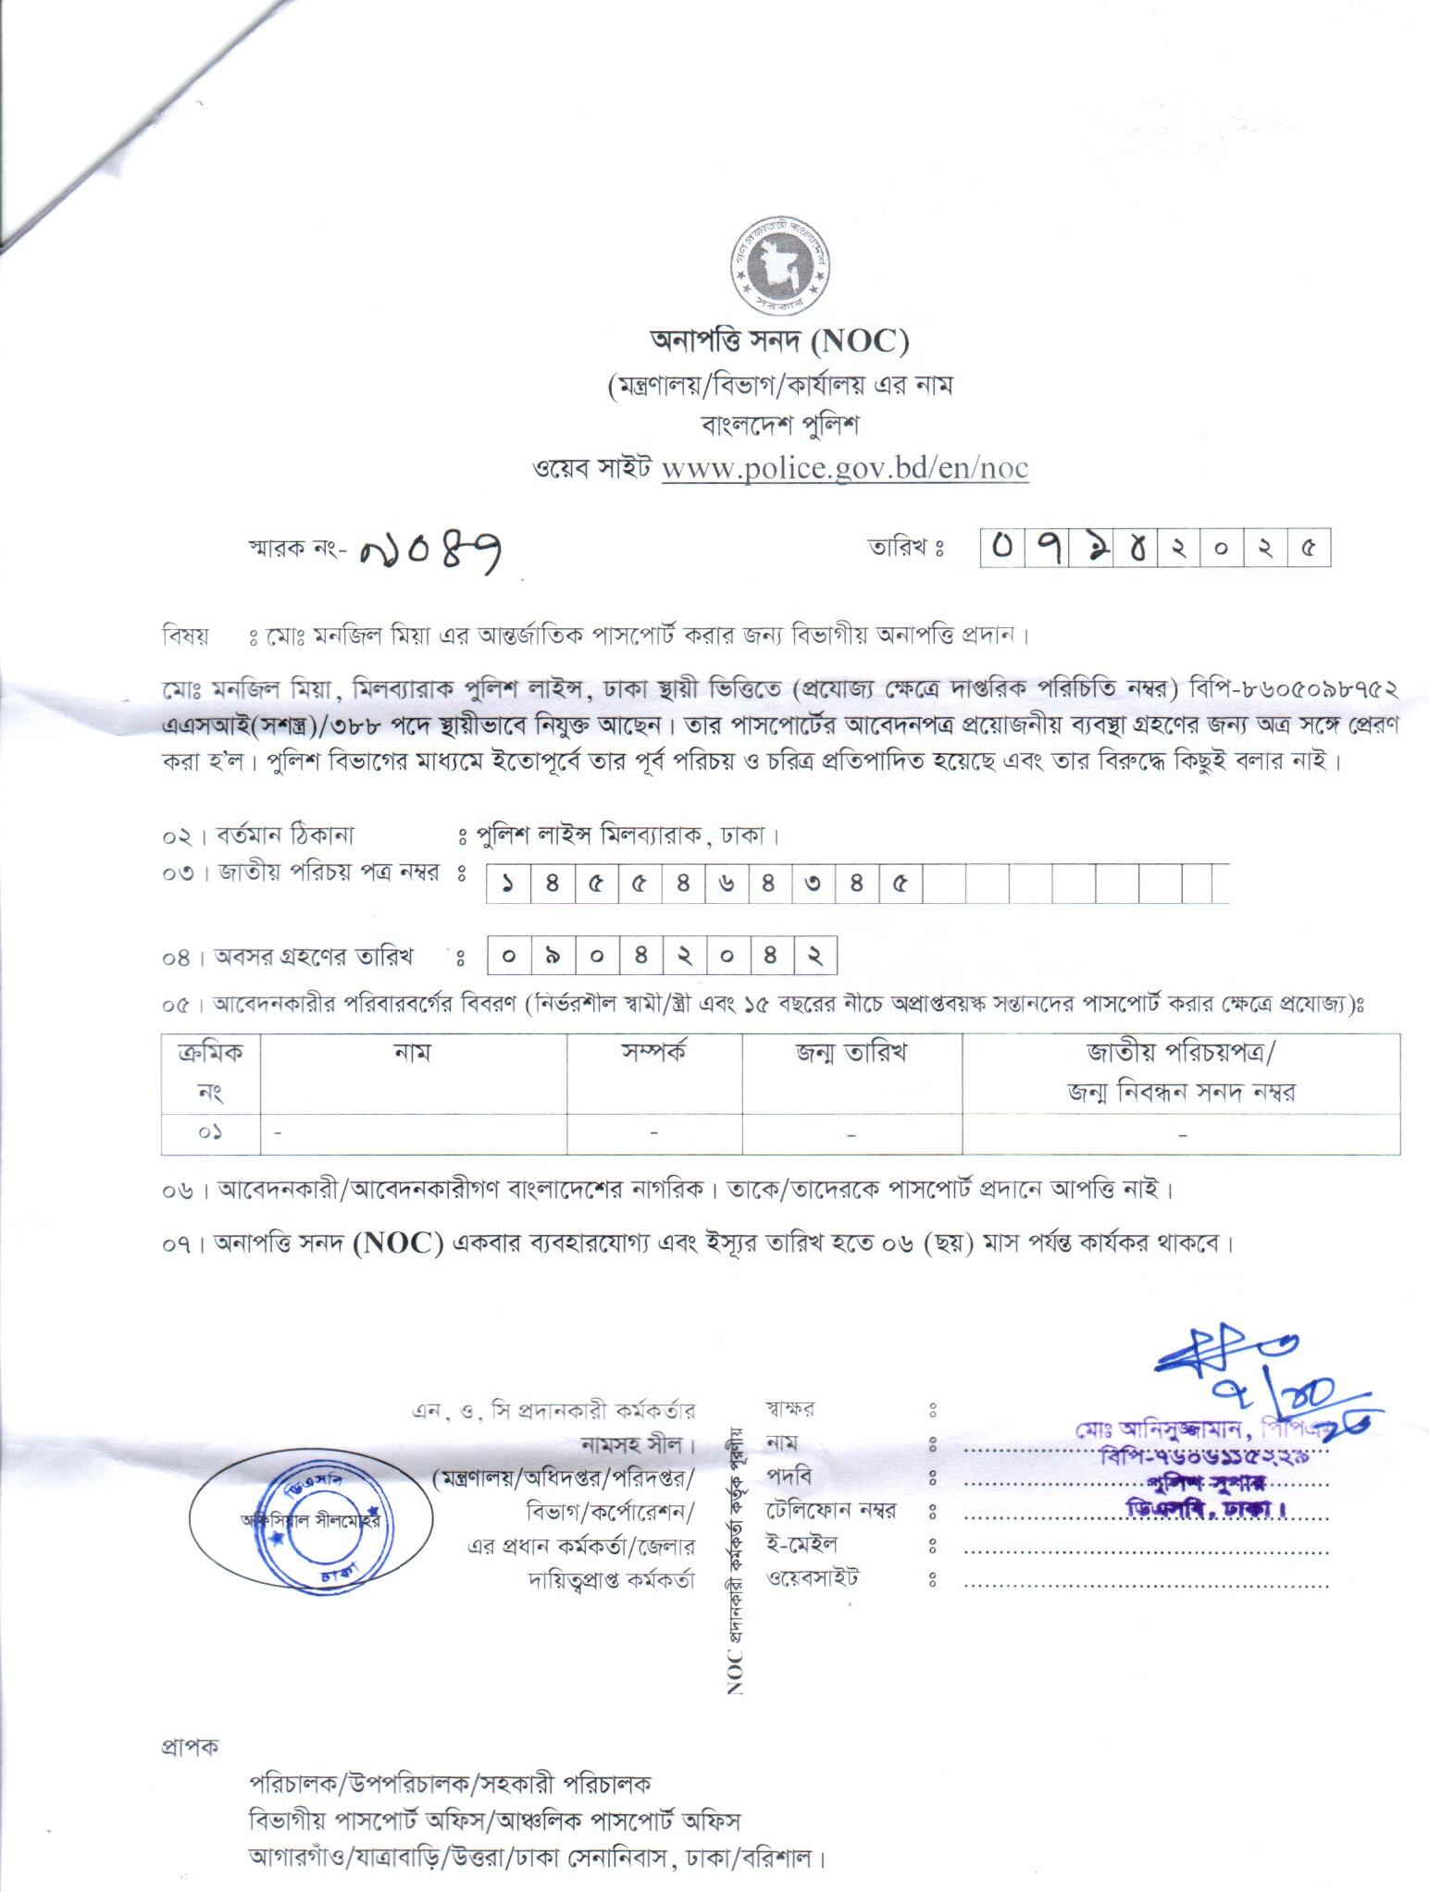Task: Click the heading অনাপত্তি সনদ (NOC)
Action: coord(780,343)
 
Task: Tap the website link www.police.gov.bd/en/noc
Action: coord(844,468)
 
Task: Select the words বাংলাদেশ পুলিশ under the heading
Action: coord(780,427)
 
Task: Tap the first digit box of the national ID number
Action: coord(507,884)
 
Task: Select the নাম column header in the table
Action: coord(413,1052)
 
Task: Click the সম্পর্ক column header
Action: coord(653,1052)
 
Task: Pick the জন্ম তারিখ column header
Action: coord(851,1052)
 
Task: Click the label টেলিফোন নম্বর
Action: coord(830,1511)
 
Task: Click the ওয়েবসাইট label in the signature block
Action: coord(812,1579)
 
